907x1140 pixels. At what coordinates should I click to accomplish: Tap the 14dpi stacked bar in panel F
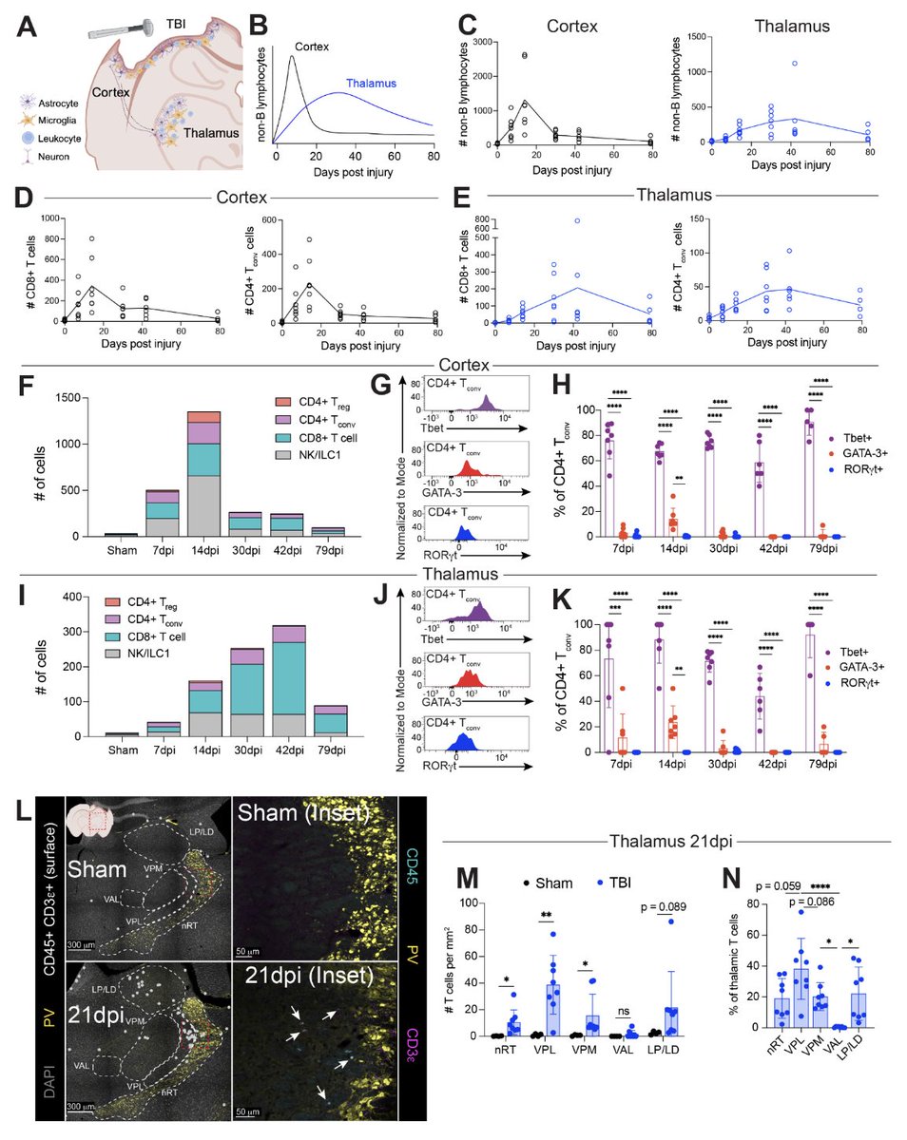coord(203,473)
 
